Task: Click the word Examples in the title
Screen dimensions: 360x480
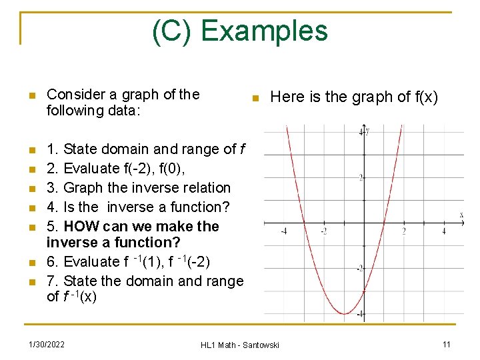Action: [x=265, y=31]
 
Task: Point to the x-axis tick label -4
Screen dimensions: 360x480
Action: [x=284, y=231]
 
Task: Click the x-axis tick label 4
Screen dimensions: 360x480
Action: [x=443, y=231]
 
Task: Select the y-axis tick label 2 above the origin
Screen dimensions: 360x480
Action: [x=359, y=177]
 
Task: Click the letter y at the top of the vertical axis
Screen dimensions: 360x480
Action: [x=367, y=131]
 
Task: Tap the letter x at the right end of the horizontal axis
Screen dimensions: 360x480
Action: [x=461, y=215]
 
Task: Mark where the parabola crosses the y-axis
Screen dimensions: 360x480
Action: [x=363, y=291]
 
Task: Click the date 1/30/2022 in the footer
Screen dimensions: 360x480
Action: [x=47, y=344]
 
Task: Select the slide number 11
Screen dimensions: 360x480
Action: [x=446, y=344]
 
